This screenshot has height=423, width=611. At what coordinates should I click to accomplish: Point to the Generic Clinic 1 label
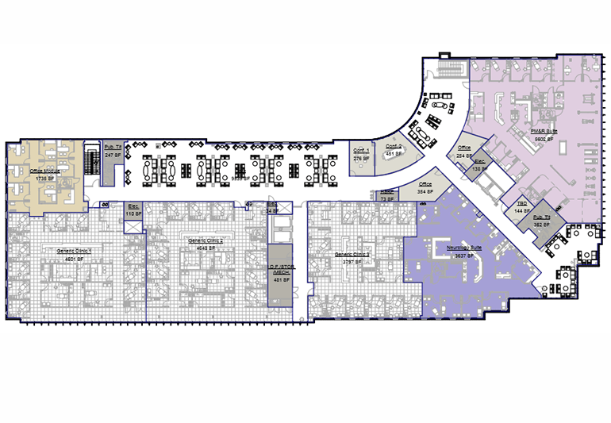click(74, 250)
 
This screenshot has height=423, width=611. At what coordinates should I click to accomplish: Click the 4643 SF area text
click(200, 248)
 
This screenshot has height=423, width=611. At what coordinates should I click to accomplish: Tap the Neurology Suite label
click(464, 248)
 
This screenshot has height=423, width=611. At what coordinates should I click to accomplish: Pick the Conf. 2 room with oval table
click(394, 153)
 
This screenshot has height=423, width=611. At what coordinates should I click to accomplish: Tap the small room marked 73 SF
click(387, 195)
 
